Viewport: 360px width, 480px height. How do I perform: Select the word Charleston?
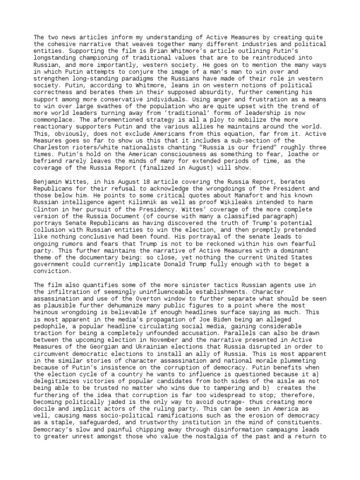coord(52,147)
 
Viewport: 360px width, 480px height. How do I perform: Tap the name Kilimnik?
coord(127,209)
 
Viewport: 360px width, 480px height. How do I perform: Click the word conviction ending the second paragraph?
coord(52,271)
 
